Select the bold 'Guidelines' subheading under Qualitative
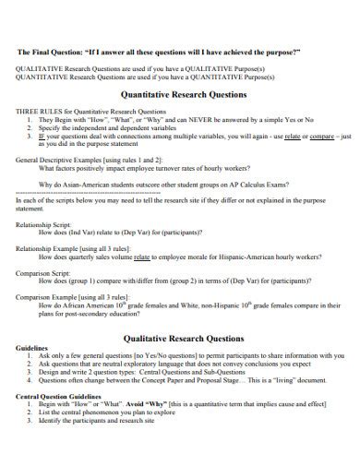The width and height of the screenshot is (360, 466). point(36,357)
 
